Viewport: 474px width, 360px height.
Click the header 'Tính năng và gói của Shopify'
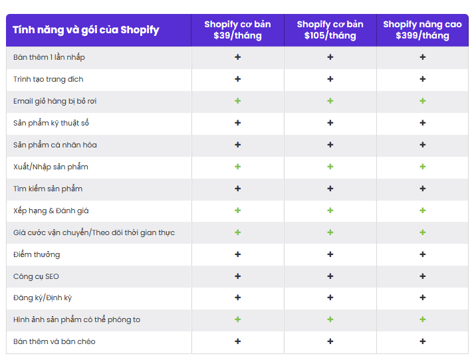tap(86, 30)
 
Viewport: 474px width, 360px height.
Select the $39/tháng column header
tap(237, 30)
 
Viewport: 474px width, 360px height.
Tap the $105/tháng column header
tap(330, 30)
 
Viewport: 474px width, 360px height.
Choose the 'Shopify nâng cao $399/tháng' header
tap(422, 30)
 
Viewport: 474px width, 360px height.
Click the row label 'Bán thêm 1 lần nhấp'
tap(49, 57)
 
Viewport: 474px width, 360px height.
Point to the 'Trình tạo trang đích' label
tap(49, 79)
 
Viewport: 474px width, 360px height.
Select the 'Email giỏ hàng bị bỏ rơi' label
tap(55, 101)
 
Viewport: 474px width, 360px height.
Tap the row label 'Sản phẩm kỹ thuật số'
tap(51, 123)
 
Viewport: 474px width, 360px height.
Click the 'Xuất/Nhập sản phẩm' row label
tap(51, 167)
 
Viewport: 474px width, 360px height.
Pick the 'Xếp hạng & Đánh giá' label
tap(51, 211)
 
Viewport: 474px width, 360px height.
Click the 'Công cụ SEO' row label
tap(36, 276)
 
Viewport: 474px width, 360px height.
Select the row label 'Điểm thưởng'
tap(37, 254)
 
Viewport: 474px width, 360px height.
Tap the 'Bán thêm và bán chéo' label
tap(55, 341)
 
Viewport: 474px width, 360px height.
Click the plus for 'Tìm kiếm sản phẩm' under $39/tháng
tap(237, 189)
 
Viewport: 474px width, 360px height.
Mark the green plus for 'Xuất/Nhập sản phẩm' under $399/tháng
tap(422, 167)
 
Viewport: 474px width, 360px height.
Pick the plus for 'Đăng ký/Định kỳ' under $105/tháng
tap(330, 298)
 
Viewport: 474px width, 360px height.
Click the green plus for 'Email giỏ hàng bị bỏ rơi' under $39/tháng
tap(237, 101)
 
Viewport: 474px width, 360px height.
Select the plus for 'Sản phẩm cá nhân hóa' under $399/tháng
tap(422, 145)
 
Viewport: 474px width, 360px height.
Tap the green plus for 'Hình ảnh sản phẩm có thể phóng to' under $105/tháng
tap(330, 319)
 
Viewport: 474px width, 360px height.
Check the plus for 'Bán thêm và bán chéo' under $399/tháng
tap(422, 341)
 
